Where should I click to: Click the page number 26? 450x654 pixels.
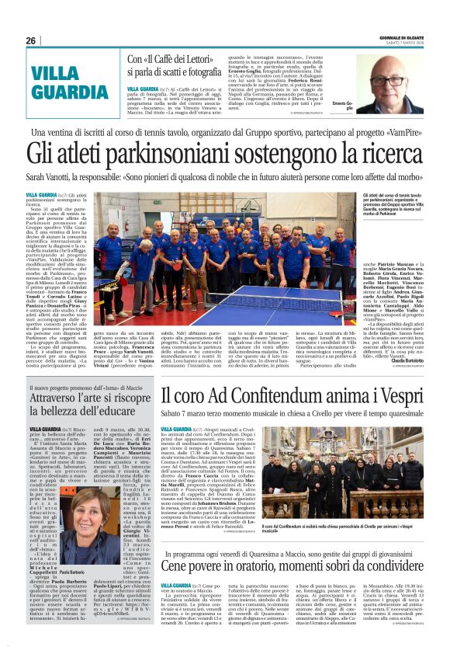30,40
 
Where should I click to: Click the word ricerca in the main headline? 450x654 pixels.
392,158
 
